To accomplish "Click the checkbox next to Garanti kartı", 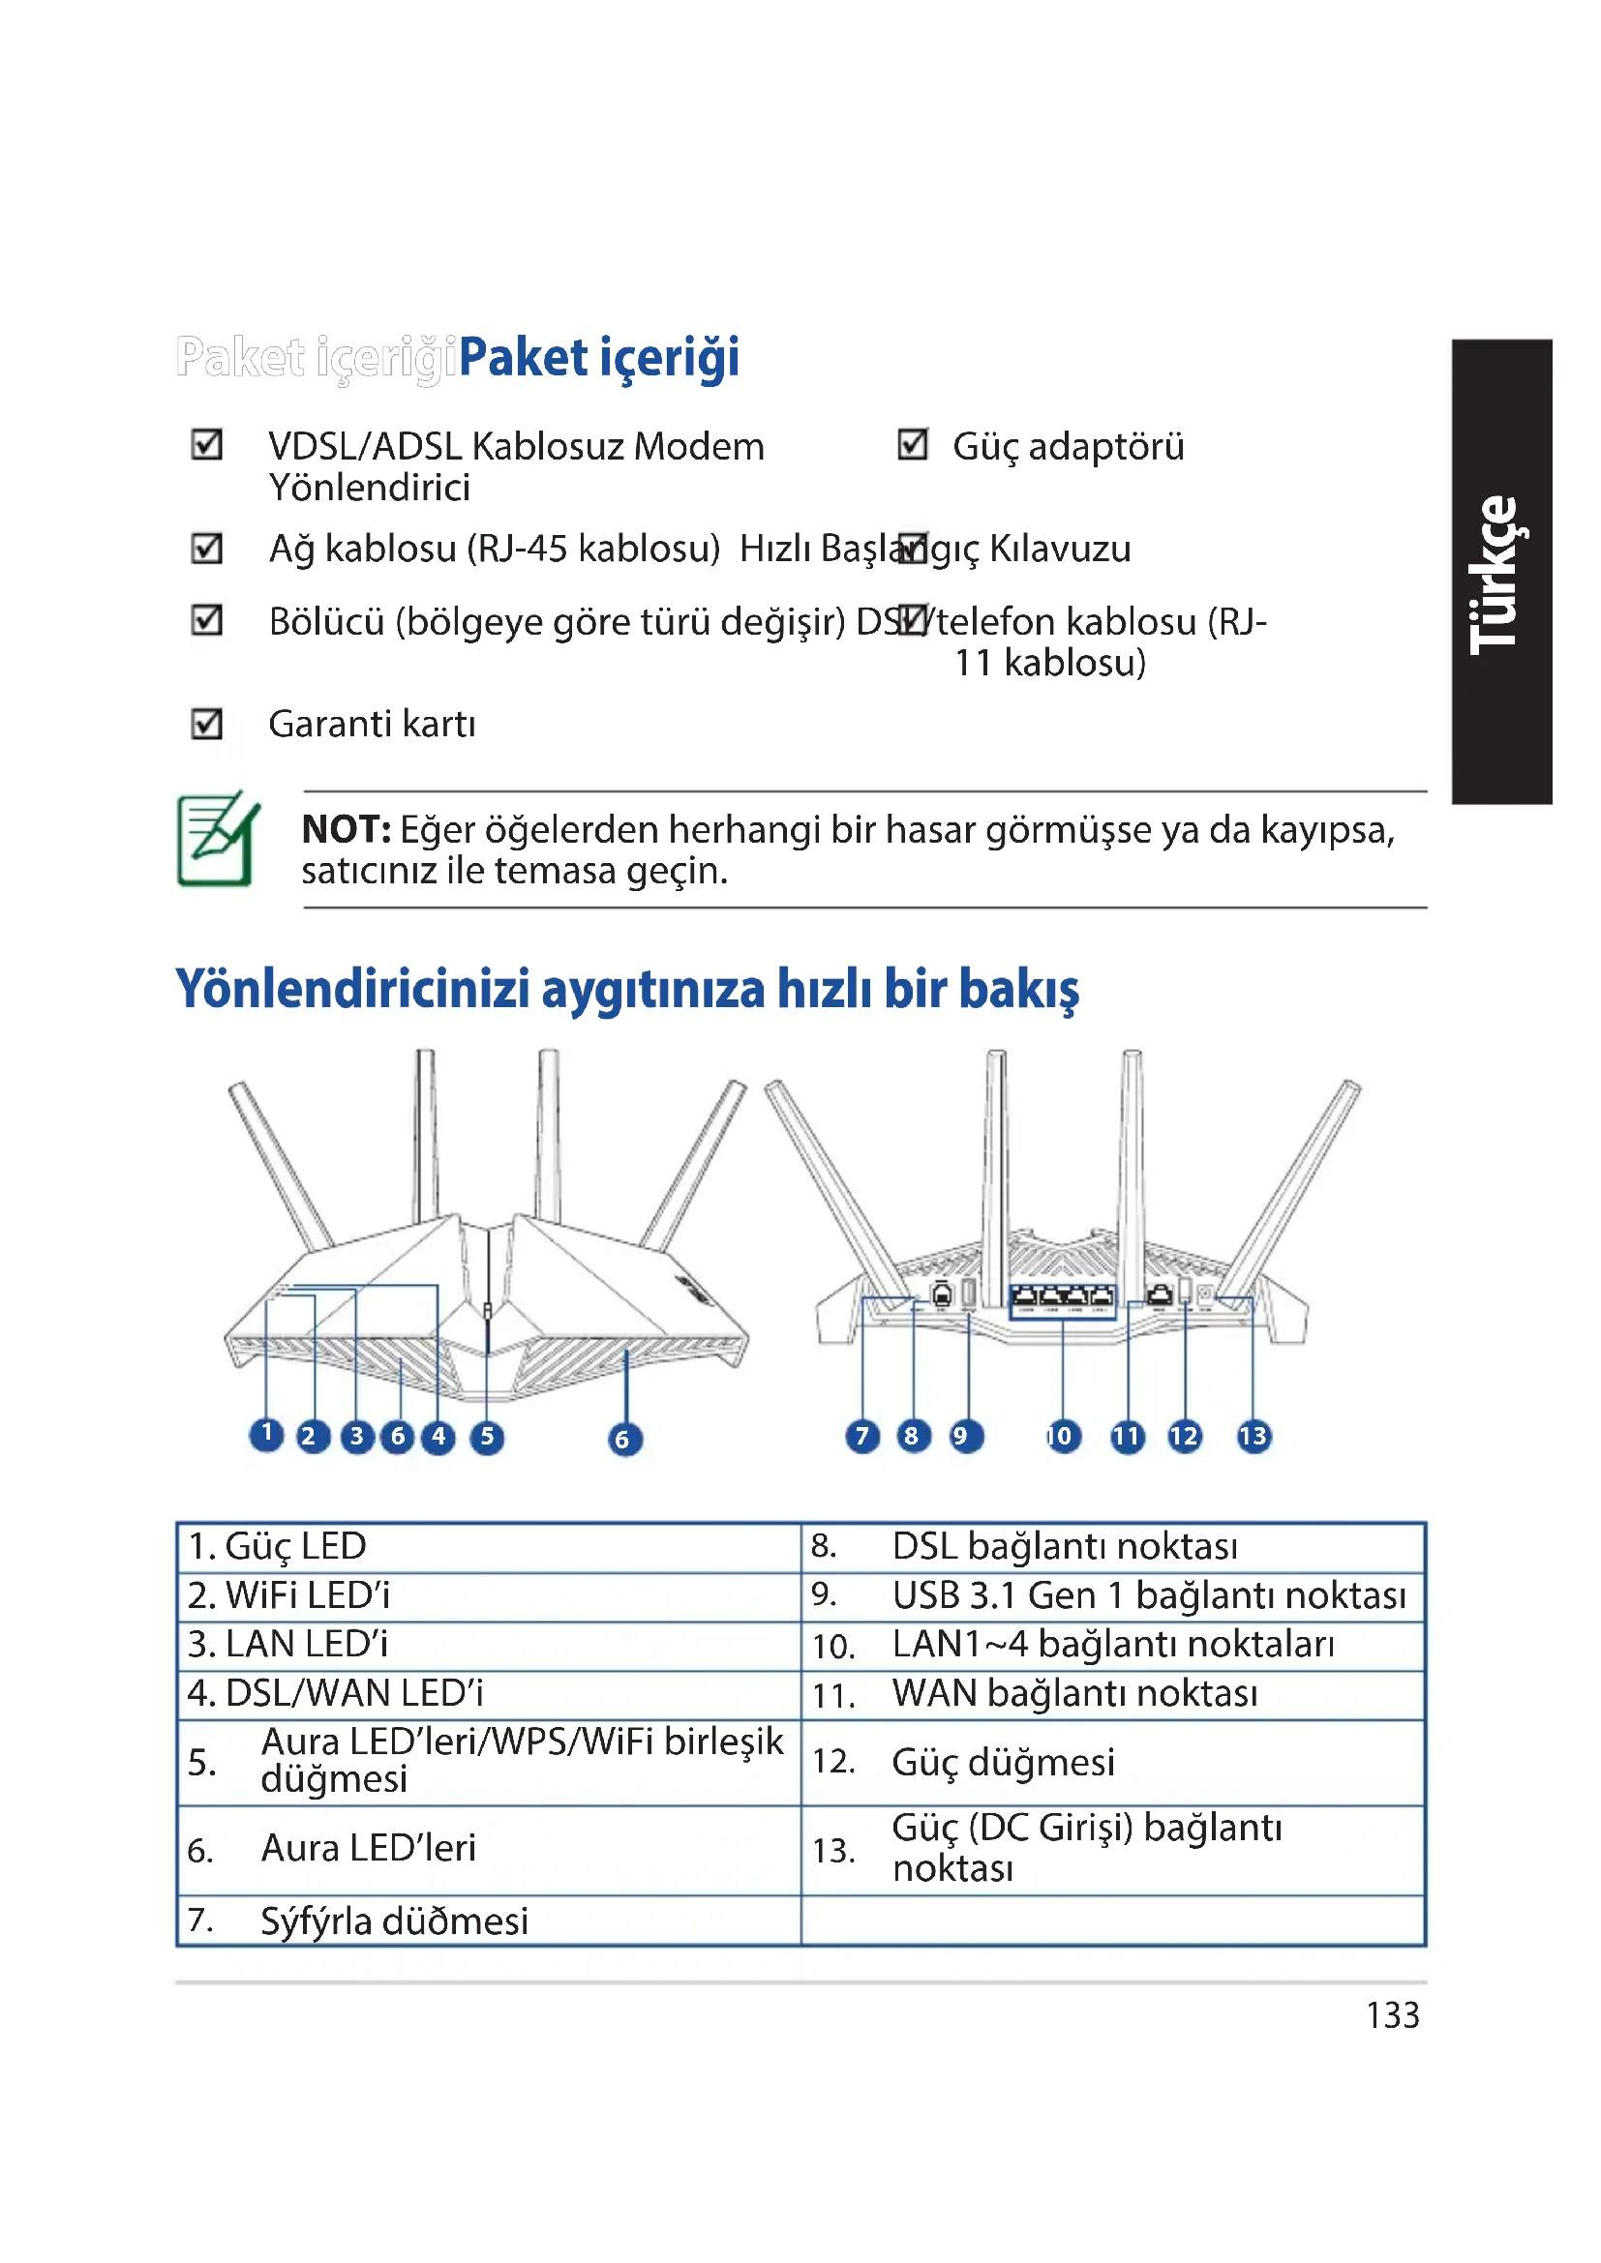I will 207,724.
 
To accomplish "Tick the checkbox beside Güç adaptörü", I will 913,444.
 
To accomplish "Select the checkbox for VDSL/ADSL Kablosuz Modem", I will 207,444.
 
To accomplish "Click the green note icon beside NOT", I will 218,840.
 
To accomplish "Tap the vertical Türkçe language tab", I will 1502,572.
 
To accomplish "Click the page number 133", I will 1392,2015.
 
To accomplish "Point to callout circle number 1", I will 266,1434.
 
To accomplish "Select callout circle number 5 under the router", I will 487,1437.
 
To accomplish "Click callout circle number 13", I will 1253,1436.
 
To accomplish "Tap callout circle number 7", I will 862,1436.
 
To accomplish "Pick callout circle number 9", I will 965,1436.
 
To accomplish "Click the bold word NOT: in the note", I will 346,830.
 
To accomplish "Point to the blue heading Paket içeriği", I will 598,357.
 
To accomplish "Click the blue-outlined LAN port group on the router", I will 1063,1300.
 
